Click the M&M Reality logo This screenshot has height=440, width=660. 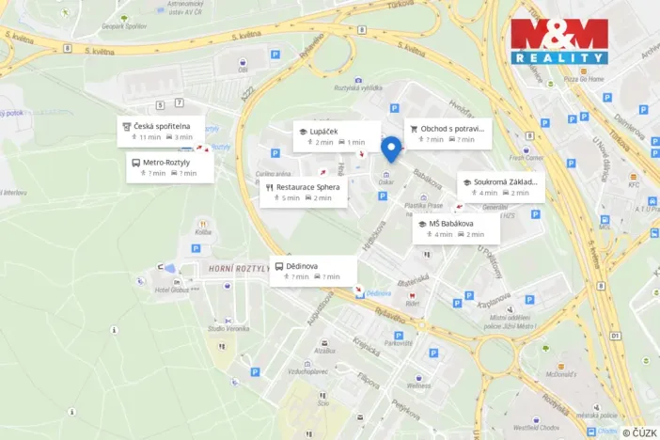tap(559, 40)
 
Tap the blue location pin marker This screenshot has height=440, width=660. tap(391, 149)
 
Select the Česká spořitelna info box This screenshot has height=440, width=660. tap(161, 131)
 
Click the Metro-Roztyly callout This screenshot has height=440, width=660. tap(169, 167)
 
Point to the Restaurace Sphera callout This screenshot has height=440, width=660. tap(304, 192)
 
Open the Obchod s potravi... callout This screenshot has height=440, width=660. tap(448, 134)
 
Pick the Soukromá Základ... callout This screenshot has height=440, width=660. tap(500, 186)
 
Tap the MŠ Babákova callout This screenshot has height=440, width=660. tap(454, 228)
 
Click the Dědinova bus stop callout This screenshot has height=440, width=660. tap(313, 270)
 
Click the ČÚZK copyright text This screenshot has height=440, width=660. tap(639, 432)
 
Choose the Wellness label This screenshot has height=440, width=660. tap(419, 385)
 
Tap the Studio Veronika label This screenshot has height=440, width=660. tap(227, 328)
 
